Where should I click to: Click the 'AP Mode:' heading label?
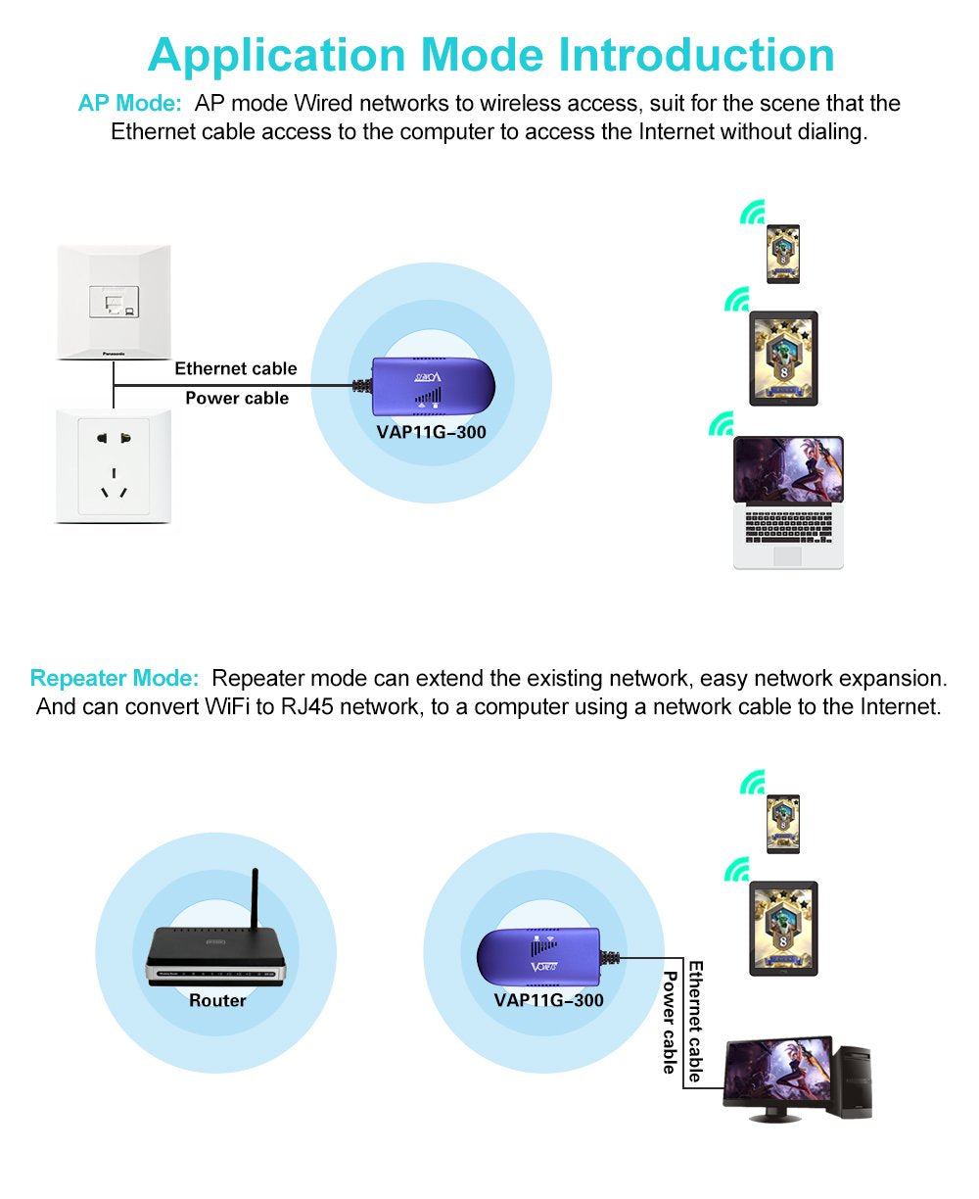pyautogui.click(x=129, y=104)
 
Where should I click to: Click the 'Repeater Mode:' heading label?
pyautogui.click(x=115, y=678)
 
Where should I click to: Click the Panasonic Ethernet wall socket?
pyautogui.click(x=115, y=301)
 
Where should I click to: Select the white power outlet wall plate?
pyautogui.click(x=115, y=466)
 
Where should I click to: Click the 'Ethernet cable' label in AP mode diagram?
pyautogui.click(x=235, y=368)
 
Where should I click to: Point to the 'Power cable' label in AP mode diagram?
pyautogui.click(x=237, y=399)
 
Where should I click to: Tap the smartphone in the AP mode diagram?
pyautogui.click(x=782, y=254)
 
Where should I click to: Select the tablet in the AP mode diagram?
pyautogui.click(x=783, y=358)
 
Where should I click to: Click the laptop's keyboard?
pyautogui.click(x=788, y=526)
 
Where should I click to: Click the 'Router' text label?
pyautogui.click(x=217, y=1001)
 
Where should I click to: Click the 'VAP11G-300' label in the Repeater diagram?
pyautogui.click(x=548, y=1001)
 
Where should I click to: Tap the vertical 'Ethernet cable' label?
pyautogui.click(x=695, y=1021)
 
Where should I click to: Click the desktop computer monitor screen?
pyautogui.click(x=777, y=1073)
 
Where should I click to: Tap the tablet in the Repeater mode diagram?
pyautogui.click(x=783, y=928)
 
